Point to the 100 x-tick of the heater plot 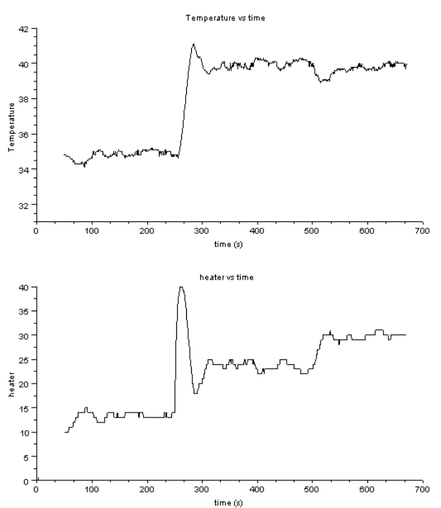(x=91, y=489)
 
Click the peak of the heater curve (x=181, y=287)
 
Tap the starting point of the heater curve (x=65, y=432)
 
